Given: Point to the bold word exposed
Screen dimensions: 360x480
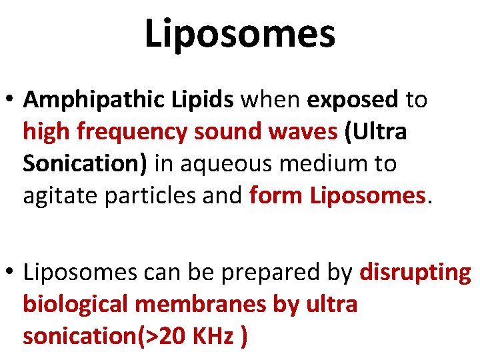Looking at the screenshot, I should click(352, 100).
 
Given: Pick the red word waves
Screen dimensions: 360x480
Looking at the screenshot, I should click(304, 131).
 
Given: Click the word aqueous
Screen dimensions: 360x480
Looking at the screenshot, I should click(223, 163).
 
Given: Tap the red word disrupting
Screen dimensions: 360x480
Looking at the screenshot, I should click(415, 273).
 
